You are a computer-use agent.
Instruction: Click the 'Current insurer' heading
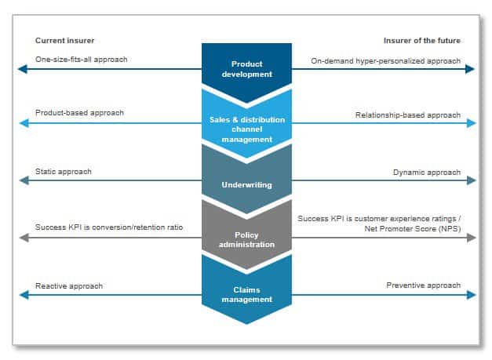point(64,41)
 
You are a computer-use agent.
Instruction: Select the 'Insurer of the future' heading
point(422,41)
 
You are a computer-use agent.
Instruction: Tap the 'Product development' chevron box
point(246,70)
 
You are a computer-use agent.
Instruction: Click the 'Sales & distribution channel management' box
point(246,125)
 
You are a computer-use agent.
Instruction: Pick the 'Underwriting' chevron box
point(246,182)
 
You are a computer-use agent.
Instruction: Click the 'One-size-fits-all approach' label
point(82,60)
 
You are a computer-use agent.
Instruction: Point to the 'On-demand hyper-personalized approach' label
point(385,61)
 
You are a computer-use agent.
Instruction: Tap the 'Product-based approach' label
point(79,113)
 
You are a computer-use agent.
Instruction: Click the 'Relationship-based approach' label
point(408,115)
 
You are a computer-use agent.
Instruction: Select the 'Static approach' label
point(64,172)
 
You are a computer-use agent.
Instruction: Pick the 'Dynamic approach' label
point(427,173)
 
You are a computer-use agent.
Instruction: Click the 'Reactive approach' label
point(69,286)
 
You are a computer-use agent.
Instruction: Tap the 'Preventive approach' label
point(423,285)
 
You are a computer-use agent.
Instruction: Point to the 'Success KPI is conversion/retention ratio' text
point(109,227)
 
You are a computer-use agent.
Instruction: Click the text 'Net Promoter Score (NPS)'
point(413,229)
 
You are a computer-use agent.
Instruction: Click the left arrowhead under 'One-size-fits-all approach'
point(23,69)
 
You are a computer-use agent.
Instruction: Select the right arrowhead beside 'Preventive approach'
point(472,295)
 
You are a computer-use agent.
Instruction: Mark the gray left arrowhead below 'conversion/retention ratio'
point(24,238)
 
